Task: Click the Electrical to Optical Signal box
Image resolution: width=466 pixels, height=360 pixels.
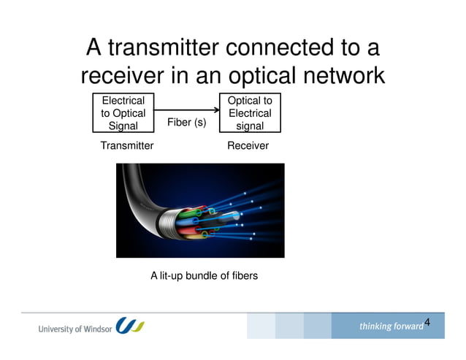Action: (x=123, y=112)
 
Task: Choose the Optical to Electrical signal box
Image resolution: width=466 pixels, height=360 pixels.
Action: (x=250, y=112)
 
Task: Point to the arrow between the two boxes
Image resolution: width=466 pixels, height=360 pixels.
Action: (x=186, y=108)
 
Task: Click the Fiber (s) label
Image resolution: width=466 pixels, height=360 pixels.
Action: (x=187, y=123)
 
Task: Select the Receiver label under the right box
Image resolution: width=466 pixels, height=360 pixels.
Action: (x=248, y=146)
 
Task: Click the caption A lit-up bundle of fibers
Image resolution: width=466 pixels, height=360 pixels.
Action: (x=204, y=276)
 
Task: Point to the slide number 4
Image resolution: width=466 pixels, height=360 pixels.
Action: (x=427, y=322)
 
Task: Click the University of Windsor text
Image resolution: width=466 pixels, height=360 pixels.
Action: (x=75, y=328)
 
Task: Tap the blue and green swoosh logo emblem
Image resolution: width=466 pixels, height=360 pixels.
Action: (x=130, y=326)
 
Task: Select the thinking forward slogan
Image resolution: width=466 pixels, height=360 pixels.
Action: (x=390, y=326)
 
